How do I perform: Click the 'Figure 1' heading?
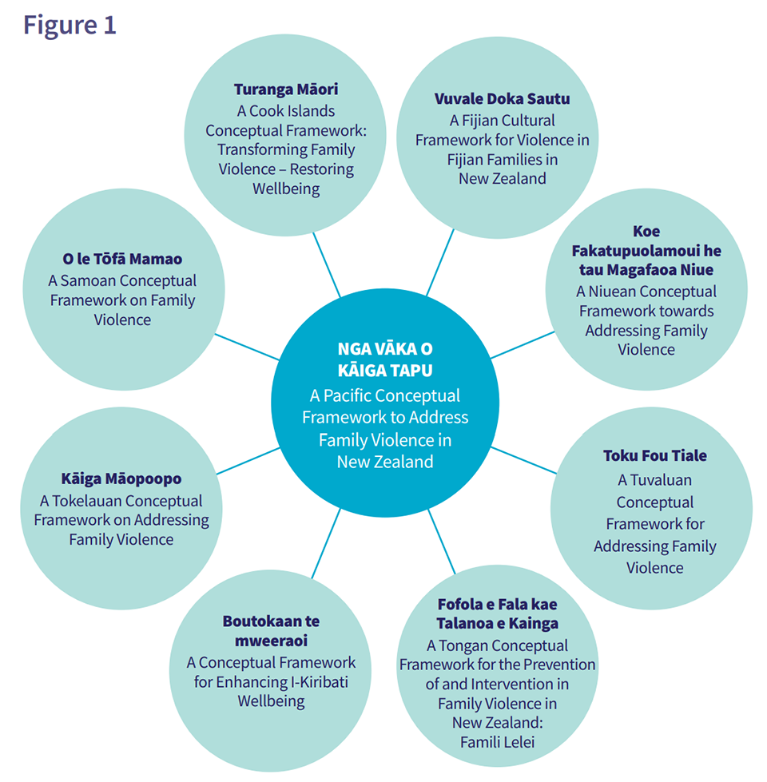tap(70, 25)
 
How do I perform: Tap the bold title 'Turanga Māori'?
tap(286, 89)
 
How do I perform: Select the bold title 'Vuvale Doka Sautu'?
tap(503, 99)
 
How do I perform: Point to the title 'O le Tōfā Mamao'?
tap(122, 259)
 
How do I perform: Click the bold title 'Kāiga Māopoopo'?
tap(121, 478)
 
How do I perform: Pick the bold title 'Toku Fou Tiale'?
tap(655, 455)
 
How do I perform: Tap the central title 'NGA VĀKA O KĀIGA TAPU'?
tap(385, 359)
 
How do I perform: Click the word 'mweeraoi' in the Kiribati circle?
tap(272, 641)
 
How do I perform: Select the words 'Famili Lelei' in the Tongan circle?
tap(497, 742)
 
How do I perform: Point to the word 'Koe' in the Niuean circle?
tap(646, 231)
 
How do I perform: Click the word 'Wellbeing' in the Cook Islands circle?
tap(286, 189)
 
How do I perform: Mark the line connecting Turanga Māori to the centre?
tap(327, 265)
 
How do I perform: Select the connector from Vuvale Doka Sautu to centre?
tap(440, 262)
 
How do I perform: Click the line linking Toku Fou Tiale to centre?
tap(523, 460)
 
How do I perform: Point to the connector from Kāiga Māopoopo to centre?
tap(248, 461)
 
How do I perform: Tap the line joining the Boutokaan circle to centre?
tap(326, 544)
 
